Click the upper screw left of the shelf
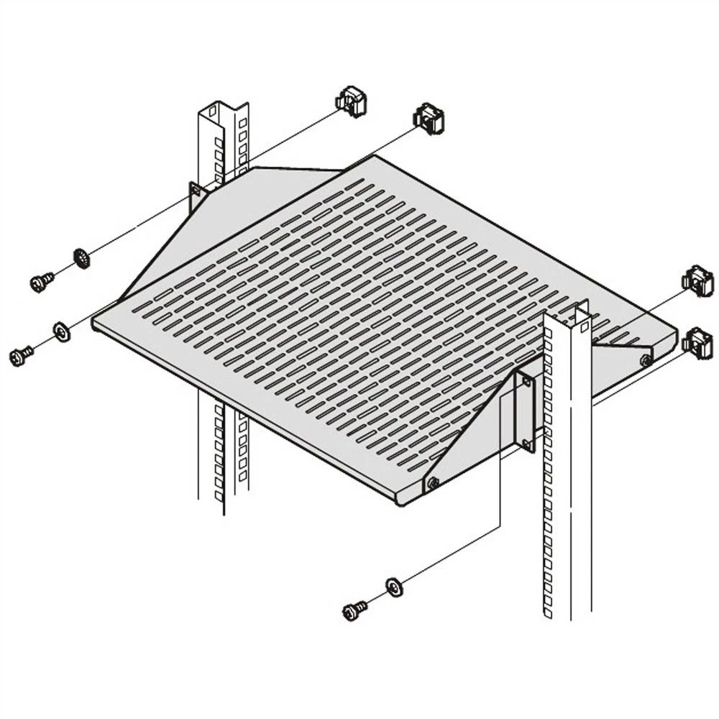[x=42, y=282]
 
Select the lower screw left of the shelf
[x=21, y=354]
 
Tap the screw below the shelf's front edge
[x=354, y=611]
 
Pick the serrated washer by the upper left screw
[x=82, y=257]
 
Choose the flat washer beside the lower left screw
[x=63, y=331]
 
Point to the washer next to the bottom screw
[x=394, y=586]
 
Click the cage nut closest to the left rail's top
[x=352, y=101]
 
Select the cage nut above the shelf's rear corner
[x=429, y=119]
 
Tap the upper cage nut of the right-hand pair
[x=697, y=281]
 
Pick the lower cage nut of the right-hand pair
[x=697, y=343]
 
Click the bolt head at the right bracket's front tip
[x=433, y=484]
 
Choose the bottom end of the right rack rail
[x=568, y=611]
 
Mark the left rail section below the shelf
[x=223, y=453]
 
